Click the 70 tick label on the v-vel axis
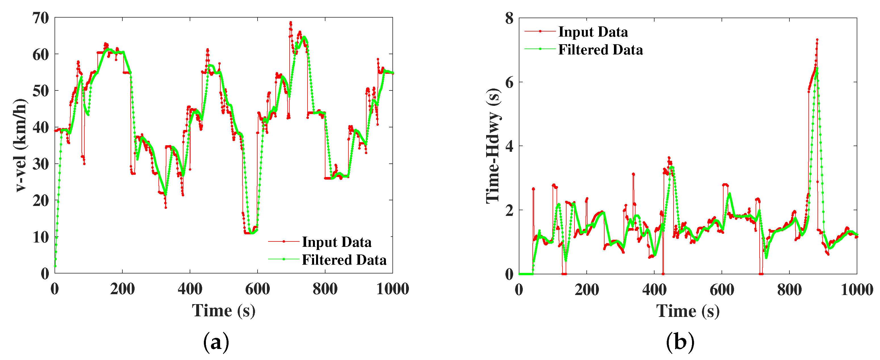pos(41,18)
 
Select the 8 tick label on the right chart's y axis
pos(509,18)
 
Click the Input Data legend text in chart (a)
pos(336,242)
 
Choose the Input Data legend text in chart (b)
pos(593,32)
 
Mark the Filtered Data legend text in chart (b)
pos(601,50)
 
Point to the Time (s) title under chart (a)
pos(224,311)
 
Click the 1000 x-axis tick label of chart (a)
pos(392,289)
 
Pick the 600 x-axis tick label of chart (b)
pos(722,290)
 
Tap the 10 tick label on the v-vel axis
pos(41,237)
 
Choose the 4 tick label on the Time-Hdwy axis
pos(509,146)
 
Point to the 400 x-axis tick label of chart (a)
pos(190,289)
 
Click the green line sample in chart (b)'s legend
pos(540,49)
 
